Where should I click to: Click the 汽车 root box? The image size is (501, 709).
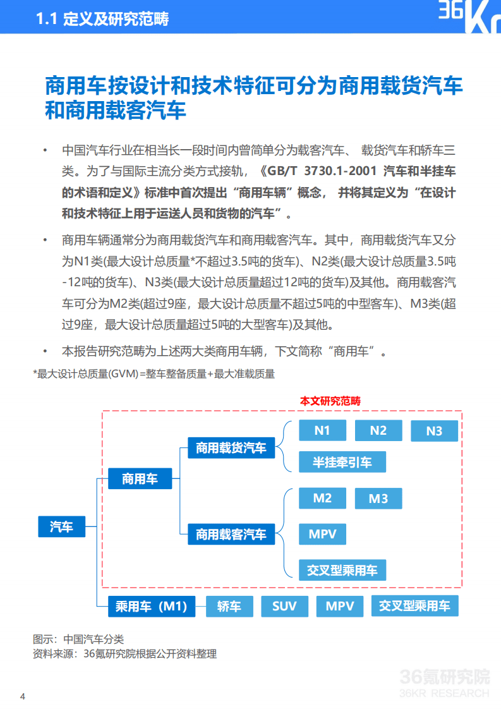click(x=61, y=526)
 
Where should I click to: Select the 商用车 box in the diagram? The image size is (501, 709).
click(x=140, y=479)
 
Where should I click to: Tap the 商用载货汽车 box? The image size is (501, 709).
click(x=231, y=448)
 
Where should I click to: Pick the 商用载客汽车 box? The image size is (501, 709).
click(x=231, y=535)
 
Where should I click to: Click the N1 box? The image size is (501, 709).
click(x=322, y=430)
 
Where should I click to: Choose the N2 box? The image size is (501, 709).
click(x=378, y=430)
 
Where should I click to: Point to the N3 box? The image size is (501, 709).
click(x=434, y=431)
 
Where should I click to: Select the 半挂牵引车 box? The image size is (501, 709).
click(x=342, y=462)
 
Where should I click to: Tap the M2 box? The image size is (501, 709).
click(x=322, y=498)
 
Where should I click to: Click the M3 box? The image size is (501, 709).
click(x=378, y=499)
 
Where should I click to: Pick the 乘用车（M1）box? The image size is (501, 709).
click(x=151, y=607)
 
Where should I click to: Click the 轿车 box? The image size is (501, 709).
click(x=229, y=607)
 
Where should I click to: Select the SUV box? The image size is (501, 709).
click(x=284, y=607)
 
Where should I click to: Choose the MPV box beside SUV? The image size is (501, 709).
click(x=340, y=607)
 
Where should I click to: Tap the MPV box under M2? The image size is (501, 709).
click(x=322, y=534)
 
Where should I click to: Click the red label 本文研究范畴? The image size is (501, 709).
click(x=330, y=401)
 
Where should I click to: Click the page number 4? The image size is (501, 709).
click(x=23, y=697)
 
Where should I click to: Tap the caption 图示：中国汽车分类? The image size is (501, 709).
click(x=78, y=639)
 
